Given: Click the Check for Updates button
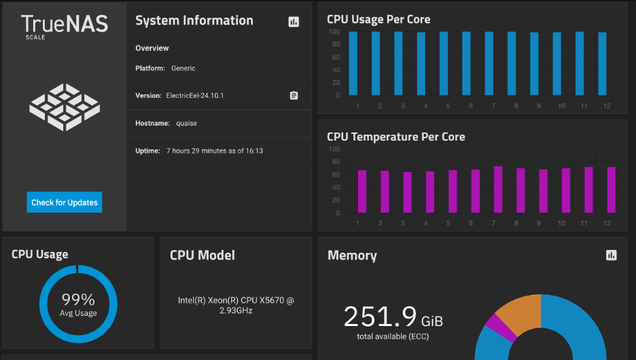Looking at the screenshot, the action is [x=65, y=202].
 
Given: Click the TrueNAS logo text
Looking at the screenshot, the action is [x=65, y=24].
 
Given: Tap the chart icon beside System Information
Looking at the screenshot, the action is [x=294, y=22].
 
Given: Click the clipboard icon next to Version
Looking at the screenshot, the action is [x=294, y=95].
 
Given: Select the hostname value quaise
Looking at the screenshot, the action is [x=187, y=123].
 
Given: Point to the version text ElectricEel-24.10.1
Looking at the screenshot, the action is [x=195, y=96].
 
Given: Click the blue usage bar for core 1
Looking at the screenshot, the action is [x=353, y=64].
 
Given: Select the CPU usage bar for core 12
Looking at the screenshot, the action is [x=602, y=64].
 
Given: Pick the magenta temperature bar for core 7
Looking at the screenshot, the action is [x=498, y=190].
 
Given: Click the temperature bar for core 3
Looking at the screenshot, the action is [x=408, y=193].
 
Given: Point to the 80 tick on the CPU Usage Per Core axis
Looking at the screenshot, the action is [x=336, y=44].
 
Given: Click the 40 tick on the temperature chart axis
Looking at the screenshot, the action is [x=336, y=187].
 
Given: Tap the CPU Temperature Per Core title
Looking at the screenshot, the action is [x=396, y=137].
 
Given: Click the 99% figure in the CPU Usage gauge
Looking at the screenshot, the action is [x=78, y=300].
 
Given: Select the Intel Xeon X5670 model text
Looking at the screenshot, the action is [x=236, y=305].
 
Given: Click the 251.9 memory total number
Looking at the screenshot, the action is [x=380, y=317].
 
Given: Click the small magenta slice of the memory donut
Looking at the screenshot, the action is [x=499, y=326].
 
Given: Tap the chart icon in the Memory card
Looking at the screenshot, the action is [x=612, y=255].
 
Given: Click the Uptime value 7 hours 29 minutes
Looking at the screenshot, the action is [x=215, y=151].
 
